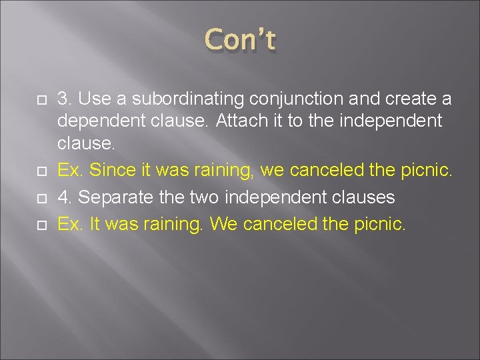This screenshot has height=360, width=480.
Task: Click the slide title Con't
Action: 240,40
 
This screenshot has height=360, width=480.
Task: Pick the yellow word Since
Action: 111,171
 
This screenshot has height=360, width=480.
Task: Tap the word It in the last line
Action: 95,224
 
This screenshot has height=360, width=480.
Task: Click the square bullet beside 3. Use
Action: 40,100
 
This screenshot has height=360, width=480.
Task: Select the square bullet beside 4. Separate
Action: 40,198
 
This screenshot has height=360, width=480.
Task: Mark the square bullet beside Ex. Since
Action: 40,171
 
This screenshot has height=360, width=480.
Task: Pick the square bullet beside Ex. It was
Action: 40,225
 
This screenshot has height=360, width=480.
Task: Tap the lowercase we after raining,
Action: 271,171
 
